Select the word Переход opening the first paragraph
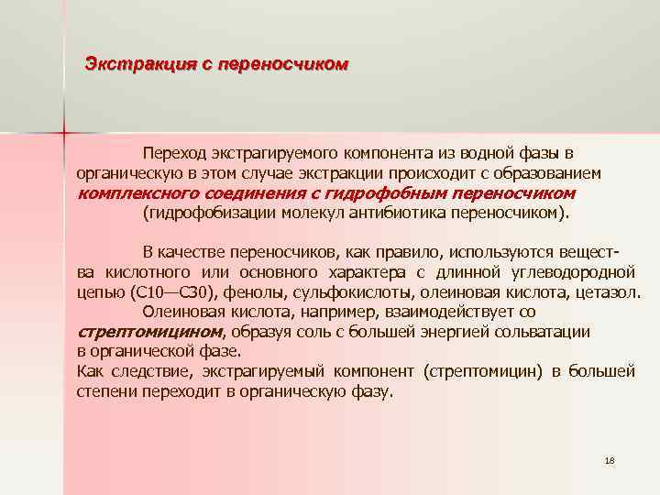pyautogui.click(x=173, y=151)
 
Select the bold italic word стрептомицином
pyautogui.click(x=149, y=332)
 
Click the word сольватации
pyautogui.click(x=545, y=332)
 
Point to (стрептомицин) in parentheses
pyautogui.click(x=481, y=371)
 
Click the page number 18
pyautogui.click(x=610, y=458)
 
